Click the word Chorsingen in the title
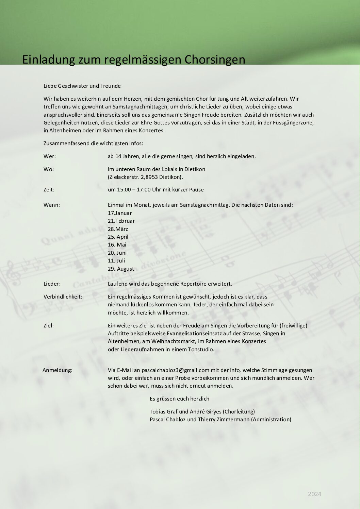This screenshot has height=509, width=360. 215,60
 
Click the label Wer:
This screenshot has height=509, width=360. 50,156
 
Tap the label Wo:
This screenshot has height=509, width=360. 49,169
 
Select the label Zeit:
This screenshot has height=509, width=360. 49,190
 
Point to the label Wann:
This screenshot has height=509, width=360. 52,205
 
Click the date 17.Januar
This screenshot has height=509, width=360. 120,213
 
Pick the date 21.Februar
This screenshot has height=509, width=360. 121,221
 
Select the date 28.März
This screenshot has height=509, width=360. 118,229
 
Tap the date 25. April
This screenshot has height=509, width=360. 118,237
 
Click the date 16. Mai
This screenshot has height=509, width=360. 117,245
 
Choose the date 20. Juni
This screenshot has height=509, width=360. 117,253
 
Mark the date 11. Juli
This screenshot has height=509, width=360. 116,261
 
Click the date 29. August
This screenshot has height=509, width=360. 121,269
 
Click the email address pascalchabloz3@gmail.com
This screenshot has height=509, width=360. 175,370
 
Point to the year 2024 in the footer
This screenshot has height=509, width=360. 314,494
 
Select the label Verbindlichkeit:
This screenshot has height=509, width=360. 63,297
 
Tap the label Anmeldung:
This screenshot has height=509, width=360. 58,370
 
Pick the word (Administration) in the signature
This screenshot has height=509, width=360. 271,420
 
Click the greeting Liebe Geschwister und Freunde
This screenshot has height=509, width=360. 82,86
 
